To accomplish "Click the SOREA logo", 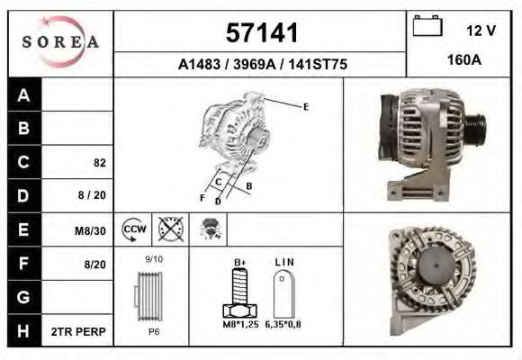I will [60, 41].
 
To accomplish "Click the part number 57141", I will [261, 32].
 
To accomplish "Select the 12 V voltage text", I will [481, 30].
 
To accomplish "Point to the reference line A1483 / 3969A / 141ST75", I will [262, 65].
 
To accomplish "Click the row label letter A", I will [23, 95].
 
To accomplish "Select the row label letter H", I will [23, 331].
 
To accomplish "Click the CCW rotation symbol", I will [134, 229].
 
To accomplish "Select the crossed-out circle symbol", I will [169, 229].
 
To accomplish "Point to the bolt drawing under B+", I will [240, 293].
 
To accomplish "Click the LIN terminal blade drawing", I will [283, 292].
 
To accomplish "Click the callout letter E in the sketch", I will [306, 107].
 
